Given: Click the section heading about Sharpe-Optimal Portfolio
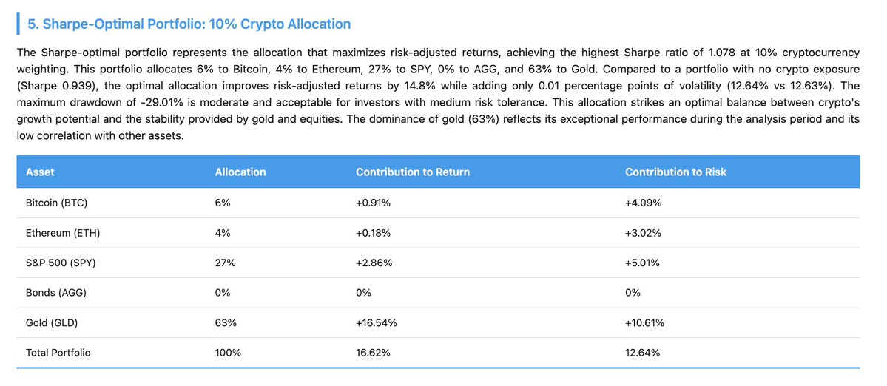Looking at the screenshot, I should pos(189,24).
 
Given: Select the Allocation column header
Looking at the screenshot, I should pos(240,172).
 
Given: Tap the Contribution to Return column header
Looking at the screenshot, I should pos(412,172).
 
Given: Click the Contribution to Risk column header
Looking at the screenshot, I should pos(675,172).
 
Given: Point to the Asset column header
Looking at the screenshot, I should pos(40,172).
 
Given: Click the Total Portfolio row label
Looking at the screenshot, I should pos(58,353).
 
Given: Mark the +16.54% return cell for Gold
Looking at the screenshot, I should pos(377,322).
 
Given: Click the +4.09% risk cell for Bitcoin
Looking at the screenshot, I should pos(643,203).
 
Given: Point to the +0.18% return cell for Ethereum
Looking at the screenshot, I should pos(374,233).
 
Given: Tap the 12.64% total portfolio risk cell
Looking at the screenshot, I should pos(642,353).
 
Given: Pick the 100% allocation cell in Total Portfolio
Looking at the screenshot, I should pos(228,353).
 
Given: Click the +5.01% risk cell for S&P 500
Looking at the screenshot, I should pos(643,263).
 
